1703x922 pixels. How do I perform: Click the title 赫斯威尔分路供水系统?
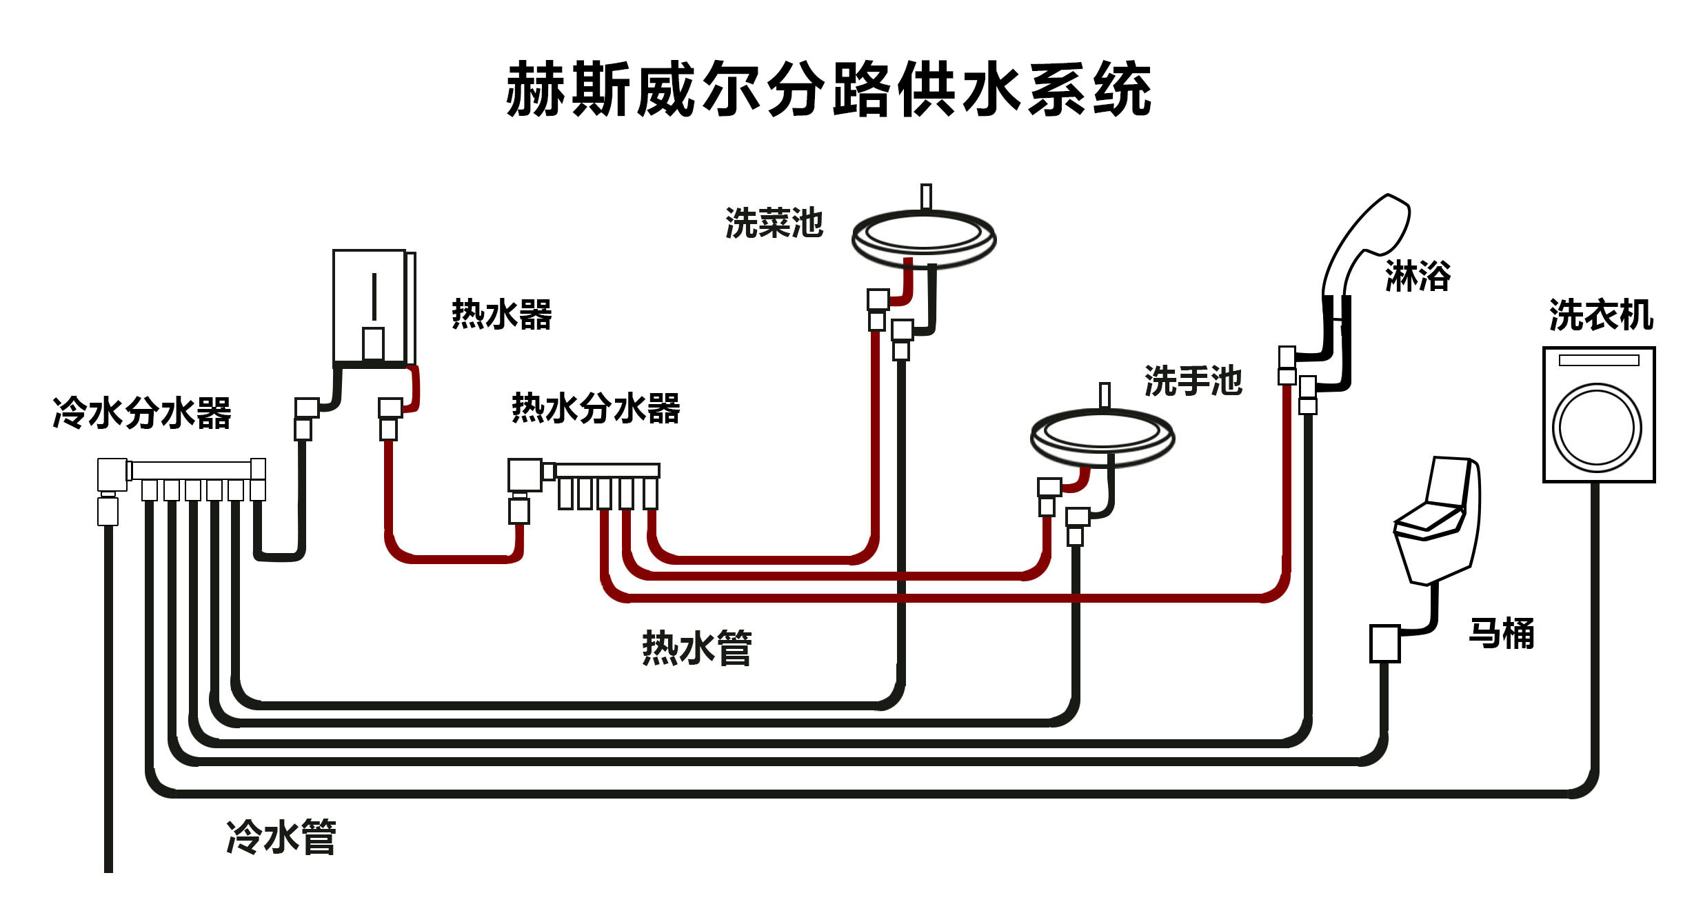point(828,90)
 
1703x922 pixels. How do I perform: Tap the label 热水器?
point(501,315)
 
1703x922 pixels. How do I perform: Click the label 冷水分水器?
point(141,413)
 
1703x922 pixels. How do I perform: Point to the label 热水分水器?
point(596,408)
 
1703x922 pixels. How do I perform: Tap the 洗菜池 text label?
point(774,223)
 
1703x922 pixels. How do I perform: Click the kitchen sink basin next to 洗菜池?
point(923,238)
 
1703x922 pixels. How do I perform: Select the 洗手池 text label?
point(1193,381)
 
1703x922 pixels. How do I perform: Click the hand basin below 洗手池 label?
point(1102,436)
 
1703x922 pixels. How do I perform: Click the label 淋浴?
point(1418,276)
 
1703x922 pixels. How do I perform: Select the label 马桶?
point(1501,633)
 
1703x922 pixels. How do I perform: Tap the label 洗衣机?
point(1600,315)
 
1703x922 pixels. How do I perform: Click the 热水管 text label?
point(696,648)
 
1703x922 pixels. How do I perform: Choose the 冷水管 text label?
point(281,837)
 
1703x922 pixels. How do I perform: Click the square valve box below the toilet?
point(1384,643)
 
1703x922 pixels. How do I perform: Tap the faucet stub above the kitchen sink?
point(926,196)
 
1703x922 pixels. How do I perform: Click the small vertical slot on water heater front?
point(374,297)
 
